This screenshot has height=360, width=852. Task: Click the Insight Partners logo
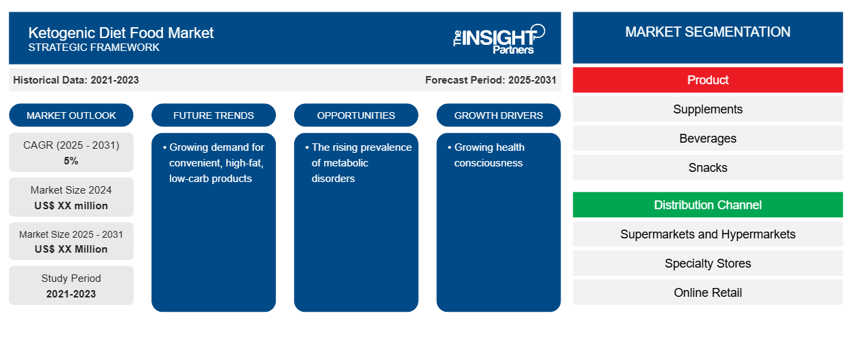[499, 39]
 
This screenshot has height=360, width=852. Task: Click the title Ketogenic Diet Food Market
[121, 33]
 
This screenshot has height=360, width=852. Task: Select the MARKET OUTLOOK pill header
[71, 115]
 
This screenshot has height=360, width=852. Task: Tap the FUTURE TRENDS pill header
[213, 115]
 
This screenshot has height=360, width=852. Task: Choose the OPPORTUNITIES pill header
[356, 115]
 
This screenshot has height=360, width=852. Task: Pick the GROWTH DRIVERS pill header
[498, 115]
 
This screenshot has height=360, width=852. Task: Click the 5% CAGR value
[71, 161]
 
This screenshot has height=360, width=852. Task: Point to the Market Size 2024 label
[71, 190]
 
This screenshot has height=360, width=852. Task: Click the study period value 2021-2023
[71, 294]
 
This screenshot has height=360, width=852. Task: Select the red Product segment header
[707, 80]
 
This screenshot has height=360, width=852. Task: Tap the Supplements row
[707, 109]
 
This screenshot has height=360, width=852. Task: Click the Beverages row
[707, 139]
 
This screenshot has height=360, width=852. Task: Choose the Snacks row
[707, 167]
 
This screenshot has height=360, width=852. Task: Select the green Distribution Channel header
[707, 205]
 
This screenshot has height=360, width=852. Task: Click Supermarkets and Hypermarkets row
[707, 234]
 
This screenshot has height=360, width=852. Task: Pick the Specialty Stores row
[707, 263]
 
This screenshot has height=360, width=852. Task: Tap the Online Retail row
[707, 292]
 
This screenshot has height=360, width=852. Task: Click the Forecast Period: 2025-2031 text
[491, 80]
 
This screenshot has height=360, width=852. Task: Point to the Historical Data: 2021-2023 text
[76, 80]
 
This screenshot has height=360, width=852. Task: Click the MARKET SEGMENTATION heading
[707, 32]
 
